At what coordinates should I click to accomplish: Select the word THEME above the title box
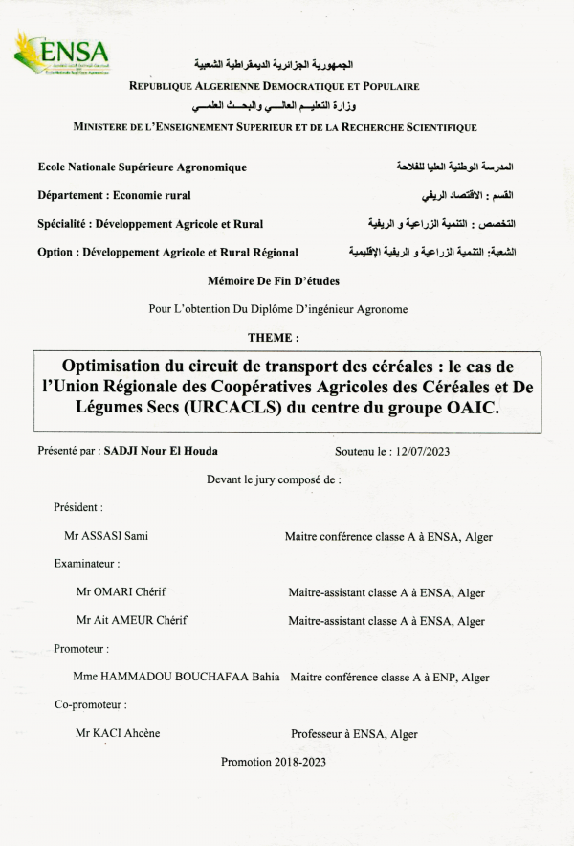(272, 338)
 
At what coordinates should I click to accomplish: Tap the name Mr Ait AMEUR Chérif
(132, 620)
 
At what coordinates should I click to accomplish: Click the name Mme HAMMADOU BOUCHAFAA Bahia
(176, 678)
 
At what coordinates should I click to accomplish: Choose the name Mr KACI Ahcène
(118, 734)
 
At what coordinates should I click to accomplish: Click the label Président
(78, 507)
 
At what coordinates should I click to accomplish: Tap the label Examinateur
(87, 564)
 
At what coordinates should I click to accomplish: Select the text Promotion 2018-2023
(274, 763)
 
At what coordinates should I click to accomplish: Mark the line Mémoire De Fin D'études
(274, 281)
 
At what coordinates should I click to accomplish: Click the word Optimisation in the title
(122, 367)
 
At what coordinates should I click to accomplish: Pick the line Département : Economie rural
(114, 195)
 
